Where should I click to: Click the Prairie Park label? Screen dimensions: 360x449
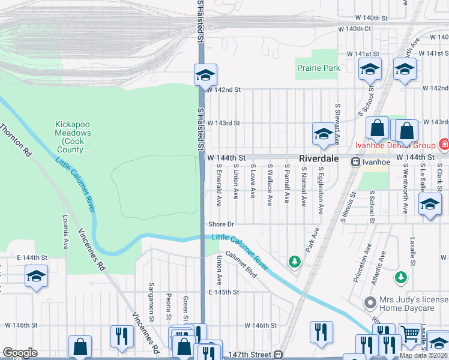(318, 68)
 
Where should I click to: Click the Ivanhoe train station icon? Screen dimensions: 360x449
(355, 161)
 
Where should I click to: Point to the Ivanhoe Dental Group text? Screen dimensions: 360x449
(403, 145)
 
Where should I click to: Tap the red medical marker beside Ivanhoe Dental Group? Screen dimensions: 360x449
(444, 145)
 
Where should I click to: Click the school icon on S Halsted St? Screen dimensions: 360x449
(205, 76)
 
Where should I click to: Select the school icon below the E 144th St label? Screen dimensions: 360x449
(35, 276)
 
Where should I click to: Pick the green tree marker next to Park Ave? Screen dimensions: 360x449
(294, 261)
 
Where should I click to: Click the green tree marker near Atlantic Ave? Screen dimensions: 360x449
(400, 277)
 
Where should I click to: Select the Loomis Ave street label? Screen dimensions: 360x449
(65, 233)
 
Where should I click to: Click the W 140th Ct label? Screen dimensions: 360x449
(355, 28)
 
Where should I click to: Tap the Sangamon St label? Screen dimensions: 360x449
(152, 296)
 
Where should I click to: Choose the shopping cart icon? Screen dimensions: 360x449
(411, 334)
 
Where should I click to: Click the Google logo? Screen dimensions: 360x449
(20, 353)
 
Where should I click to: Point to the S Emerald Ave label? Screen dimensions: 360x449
(219, 182)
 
